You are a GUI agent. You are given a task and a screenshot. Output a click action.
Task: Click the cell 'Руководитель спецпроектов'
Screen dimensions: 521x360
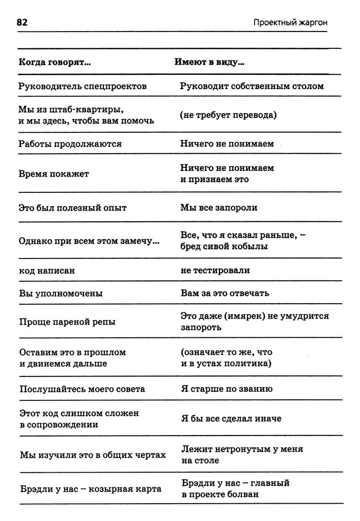coord(82,86)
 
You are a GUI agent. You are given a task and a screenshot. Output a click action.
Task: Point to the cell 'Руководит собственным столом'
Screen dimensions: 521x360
coord(252,86)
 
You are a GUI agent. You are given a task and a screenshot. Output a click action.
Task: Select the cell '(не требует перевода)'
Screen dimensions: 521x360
coord(228,115)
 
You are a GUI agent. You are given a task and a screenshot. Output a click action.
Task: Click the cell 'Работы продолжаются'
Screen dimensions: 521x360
coord(70,144)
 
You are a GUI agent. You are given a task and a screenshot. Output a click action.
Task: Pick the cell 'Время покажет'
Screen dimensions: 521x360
coord(53,174)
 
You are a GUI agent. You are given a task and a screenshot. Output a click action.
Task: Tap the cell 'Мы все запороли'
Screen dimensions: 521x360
coord(218,208)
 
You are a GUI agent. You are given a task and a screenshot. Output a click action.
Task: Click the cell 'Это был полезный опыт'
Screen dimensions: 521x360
coord(72,208)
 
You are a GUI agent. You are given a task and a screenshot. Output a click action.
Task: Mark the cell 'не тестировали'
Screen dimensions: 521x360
coord(215,271)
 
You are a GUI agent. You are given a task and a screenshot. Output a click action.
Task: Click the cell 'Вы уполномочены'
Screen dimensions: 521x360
coord(61,294)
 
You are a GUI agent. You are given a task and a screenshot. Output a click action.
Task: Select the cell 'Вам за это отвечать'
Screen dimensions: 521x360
coord(225,294)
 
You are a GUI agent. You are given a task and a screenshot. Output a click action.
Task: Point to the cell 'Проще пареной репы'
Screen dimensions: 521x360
coord(67,322)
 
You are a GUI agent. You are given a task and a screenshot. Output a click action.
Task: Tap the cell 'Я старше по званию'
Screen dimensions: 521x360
coord(227,389)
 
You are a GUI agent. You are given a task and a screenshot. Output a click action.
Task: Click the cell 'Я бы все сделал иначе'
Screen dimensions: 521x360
coord(231,418)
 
